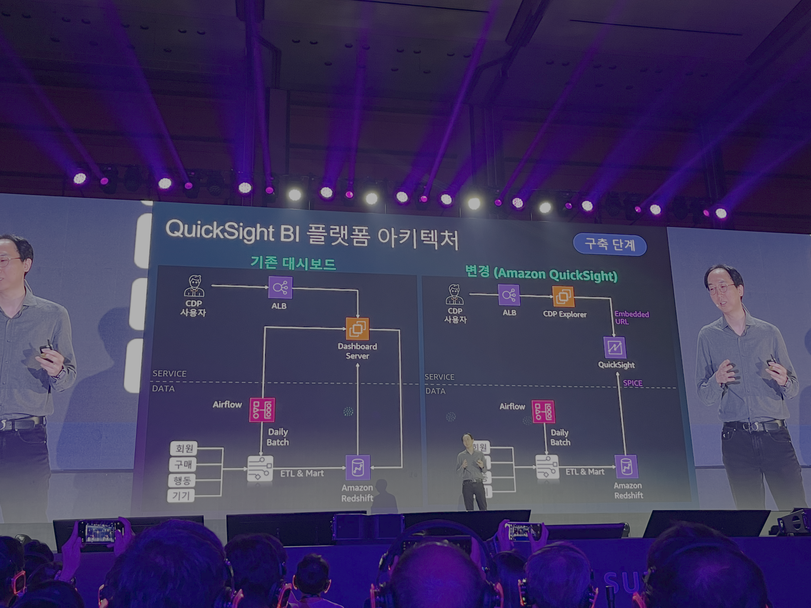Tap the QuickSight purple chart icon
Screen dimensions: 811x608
(x=614, y=347)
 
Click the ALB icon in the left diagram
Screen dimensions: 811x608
(x=280, y=288)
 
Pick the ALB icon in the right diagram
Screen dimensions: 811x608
(x=509, y=295)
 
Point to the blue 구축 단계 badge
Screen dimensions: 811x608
(x=609, y=244)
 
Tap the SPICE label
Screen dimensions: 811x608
(x=632, y=383)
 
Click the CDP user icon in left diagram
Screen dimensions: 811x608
(x=194, y=286)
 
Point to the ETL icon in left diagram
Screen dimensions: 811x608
(x=260, y=468)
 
